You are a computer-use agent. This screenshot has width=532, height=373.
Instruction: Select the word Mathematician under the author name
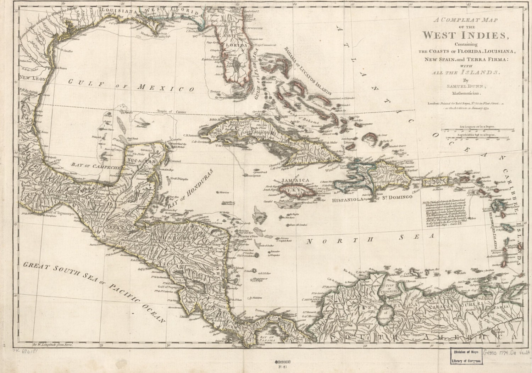pyautogui.click(x=466, y=94)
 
